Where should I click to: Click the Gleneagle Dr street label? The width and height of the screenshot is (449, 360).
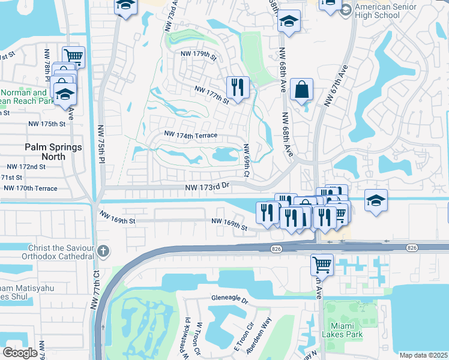coord(229,298)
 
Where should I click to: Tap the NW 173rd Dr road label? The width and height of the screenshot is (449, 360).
coord(208,188)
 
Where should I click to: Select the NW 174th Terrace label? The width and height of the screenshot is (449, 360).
coord(191,136)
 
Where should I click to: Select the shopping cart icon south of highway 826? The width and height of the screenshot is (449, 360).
coord(322,264)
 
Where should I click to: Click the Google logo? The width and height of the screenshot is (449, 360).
coord(20,353)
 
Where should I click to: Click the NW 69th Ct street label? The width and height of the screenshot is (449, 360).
coord(246,160)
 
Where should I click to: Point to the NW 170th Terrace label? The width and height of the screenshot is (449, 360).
coord(30,188)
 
